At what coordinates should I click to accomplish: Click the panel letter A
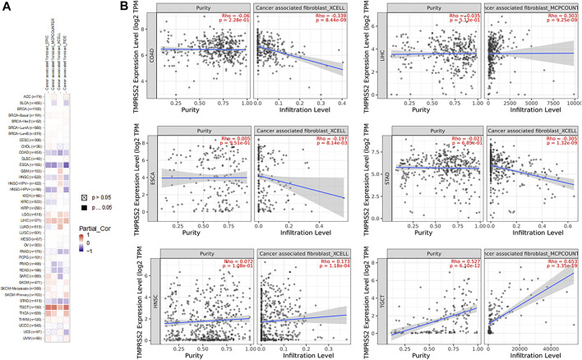[7, 7]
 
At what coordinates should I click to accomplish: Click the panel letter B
[125, 7]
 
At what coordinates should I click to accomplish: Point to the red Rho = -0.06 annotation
[228, 15]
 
